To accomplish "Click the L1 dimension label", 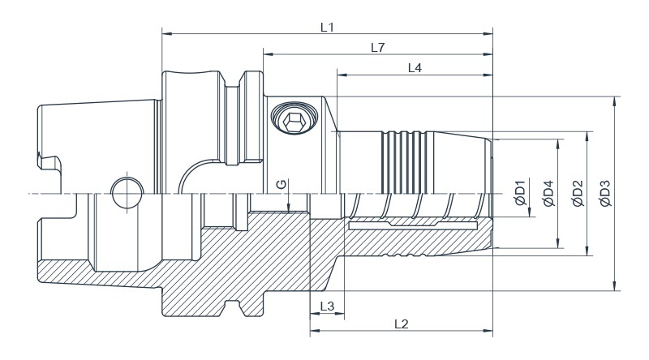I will tap(328, 27).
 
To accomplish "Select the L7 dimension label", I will tap(377, 48).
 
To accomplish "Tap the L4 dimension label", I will tap(414, 68).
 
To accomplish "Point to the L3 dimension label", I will tap(326, 306).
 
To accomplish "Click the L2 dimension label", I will tap(401, 324).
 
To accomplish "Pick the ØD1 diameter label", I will tap(522, 194).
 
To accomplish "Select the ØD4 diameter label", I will tap(548, 194).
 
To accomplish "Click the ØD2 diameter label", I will tap(577, 194).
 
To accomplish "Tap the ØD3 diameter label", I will tap(604, 194).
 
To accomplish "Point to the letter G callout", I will tap(281, 185).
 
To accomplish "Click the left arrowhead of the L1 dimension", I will tap(165, 34).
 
